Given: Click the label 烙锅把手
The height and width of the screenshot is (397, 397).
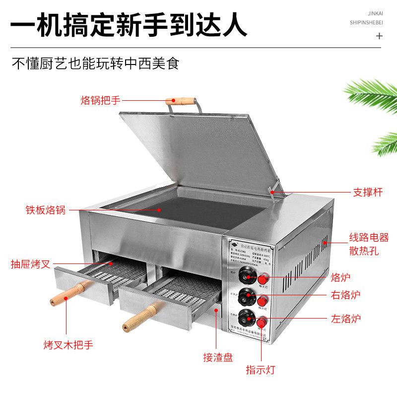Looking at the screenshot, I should [x=100, y=100].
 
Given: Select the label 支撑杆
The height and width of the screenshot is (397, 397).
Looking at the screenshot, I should [x=368, y=192].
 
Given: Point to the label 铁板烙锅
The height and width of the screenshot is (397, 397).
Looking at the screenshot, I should [x=46, y=209].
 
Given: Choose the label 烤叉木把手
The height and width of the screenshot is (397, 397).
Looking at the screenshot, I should [x=67, y=344].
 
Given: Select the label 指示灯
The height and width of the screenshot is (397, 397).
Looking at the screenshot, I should [x=261, y=369].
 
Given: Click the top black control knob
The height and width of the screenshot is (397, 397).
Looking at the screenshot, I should [x=245, y=273].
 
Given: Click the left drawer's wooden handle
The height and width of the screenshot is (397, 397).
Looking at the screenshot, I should [x=69, y=293].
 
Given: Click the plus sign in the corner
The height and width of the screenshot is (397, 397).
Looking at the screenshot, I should [x=380, y=36].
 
